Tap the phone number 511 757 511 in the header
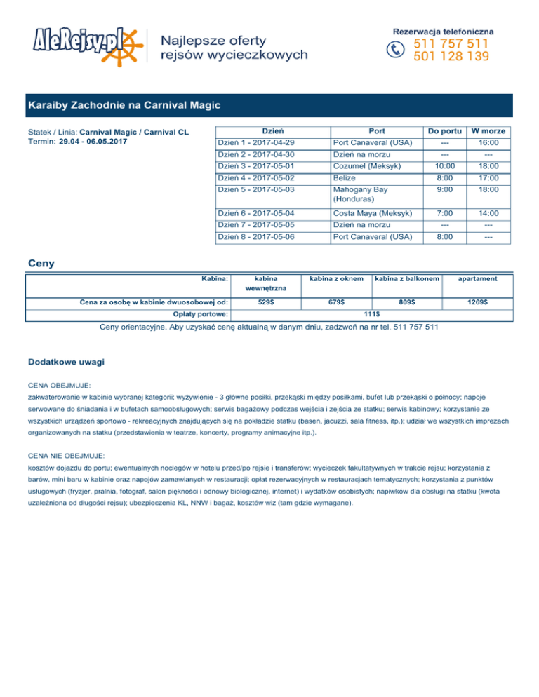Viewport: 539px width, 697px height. click(452, 43)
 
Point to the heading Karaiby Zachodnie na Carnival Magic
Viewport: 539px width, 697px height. click(125, 106)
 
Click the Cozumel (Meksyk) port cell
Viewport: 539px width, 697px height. click(367, 166)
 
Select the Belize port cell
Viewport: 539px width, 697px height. click(345, 178)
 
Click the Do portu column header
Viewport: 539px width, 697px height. click(445, 130)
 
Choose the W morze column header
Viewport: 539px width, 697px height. click(489, 130)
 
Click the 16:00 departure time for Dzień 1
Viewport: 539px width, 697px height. click(488, 142)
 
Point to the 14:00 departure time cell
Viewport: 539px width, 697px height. click(488, 212)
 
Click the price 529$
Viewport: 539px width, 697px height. click(266, 302)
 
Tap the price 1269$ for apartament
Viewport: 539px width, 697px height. click(479, 302)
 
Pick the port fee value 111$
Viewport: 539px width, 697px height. click(373, 314)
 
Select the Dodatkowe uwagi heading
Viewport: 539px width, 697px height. click(67, 362)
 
